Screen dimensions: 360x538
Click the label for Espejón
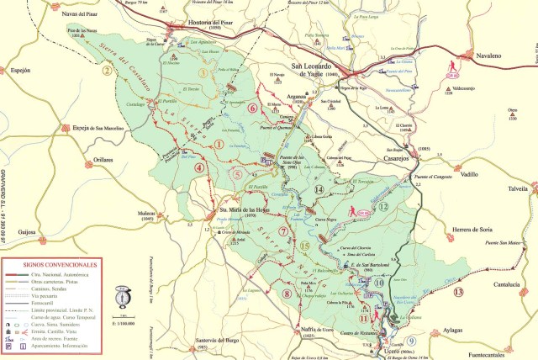tap(22, 72)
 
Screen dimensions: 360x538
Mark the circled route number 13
tap(458, 291)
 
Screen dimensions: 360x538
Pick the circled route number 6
tap(252, 108)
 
